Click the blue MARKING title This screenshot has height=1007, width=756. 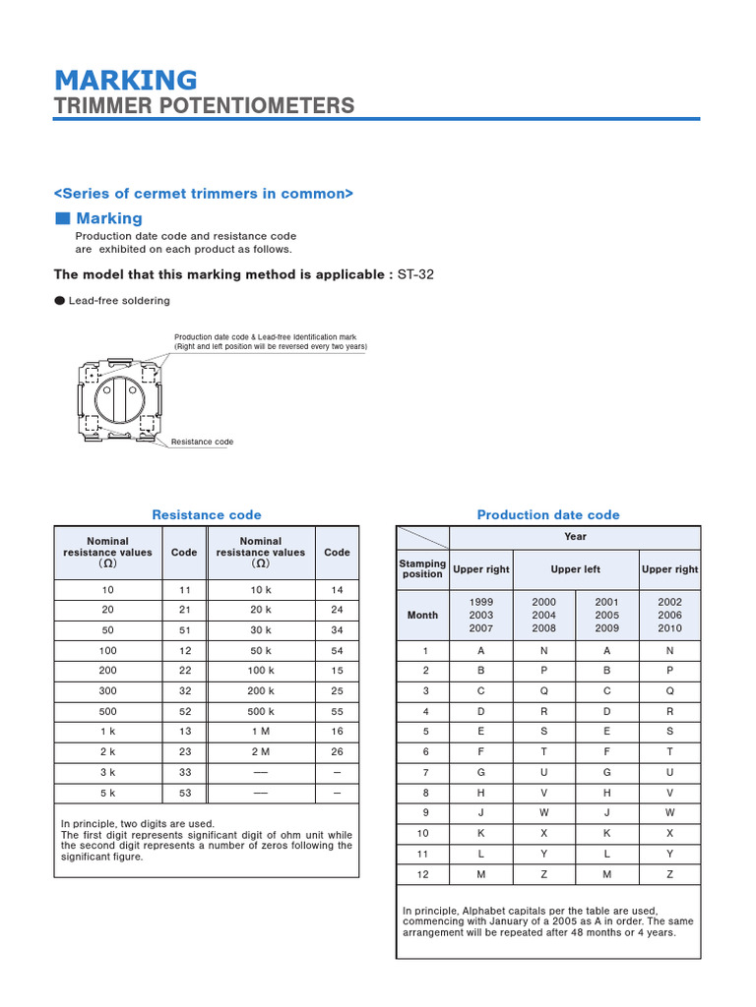125,80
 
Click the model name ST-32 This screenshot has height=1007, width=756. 415,274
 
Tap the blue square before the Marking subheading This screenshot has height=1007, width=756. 63,218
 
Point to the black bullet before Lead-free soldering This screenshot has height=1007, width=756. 60,300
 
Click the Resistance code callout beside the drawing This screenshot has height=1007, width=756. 202,442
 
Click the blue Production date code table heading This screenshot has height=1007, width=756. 548,514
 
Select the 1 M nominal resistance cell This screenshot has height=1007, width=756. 261,733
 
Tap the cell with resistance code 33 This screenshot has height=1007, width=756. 184,772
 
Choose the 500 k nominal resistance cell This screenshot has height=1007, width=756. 261,712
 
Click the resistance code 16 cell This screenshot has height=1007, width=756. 337,733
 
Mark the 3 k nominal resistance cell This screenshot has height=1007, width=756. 107,772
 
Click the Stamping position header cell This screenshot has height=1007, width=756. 422,569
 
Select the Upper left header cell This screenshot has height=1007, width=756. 575,569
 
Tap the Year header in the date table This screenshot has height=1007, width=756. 575,537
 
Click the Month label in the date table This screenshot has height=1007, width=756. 422,615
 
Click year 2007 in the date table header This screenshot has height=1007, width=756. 481,627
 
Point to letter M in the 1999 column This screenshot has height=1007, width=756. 481,873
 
